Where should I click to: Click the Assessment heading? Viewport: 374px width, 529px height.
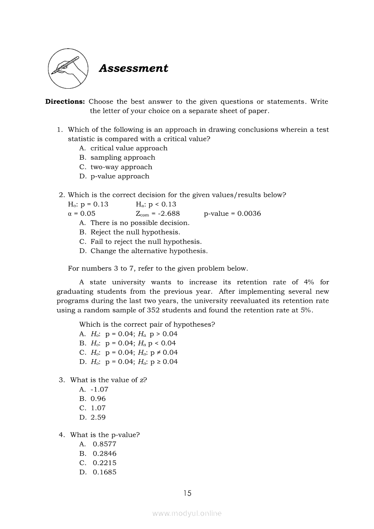coord(133,68)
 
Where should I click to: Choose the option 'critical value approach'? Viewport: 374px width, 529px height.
coord(129,148)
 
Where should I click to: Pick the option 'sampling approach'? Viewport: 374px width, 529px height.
coord(122,157)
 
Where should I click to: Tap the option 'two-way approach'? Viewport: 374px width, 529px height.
coord(121,167)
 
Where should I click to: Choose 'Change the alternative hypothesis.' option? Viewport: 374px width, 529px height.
coord(149,251)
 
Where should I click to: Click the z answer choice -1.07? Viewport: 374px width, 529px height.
coord(99,389)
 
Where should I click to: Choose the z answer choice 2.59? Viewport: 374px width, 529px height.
coord(98,417)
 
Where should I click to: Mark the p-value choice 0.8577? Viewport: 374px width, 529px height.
coord(104,444)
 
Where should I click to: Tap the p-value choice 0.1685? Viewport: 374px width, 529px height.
coord(104,472)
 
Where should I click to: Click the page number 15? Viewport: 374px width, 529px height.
coord(187,493)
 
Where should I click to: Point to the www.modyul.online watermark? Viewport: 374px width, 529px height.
coord(187,513)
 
